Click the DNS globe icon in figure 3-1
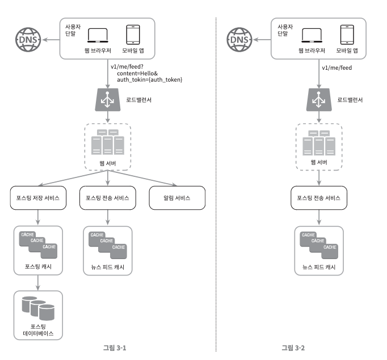(x=28, y=40)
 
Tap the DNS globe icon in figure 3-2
(x=239, y=40)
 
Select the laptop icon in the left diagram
(x=98, y=36)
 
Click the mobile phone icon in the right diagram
(x=347, y=35)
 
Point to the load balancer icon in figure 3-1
(x=108, y=100)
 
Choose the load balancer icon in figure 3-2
(x=319, y=100)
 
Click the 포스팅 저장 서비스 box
(x=38, y=198)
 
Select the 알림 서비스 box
(x=177, y=198)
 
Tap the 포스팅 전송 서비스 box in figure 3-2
(x=319, y=198)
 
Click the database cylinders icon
(x=38, y=308)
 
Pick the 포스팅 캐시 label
(x=38, y=266)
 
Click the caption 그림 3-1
(x=115, y=348)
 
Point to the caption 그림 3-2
(x=293, y=348)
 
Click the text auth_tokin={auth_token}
(x=150, y=79)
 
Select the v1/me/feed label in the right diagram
(x=337, y=67)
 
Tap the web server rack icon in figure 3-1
(x=108, y=142)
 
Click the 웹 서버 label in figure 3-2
(x=319, y=162)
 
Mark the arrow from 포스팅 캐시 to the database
(x=38, y=283)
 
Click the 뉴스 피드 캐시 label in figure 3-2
(x=319, y=267)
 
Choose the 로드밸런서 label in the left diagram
(x=138, y=100)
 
